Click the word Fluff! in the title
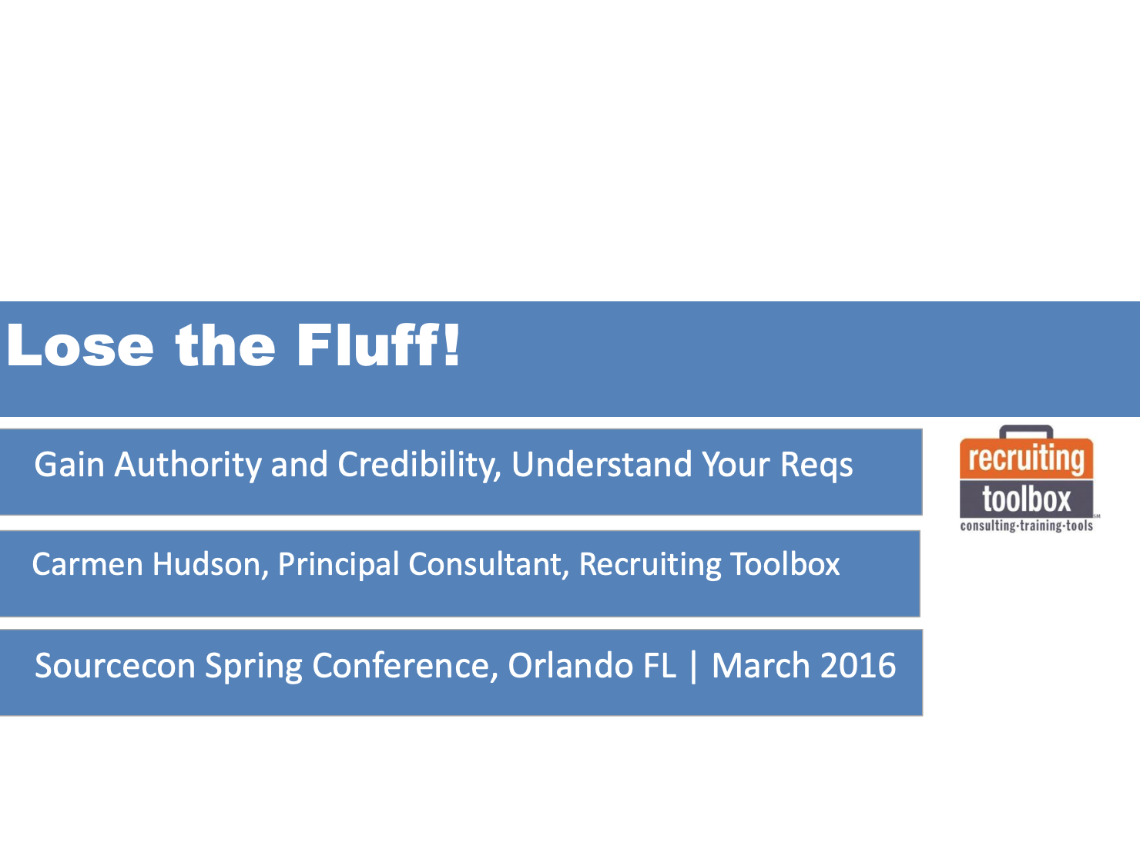coord(378,344)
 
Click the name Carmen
coord(87,564)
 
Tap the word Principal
coord(338,566)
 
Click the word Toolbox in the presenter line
coord(785,564)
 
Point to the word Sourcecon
coord(115,666)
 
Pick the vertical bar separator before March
coord(694,667)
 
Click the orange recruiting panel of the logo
coord(1026,459)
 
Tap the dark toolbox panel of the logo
coord(1026,499)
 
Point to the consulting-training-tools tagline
coord(1026,526)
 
